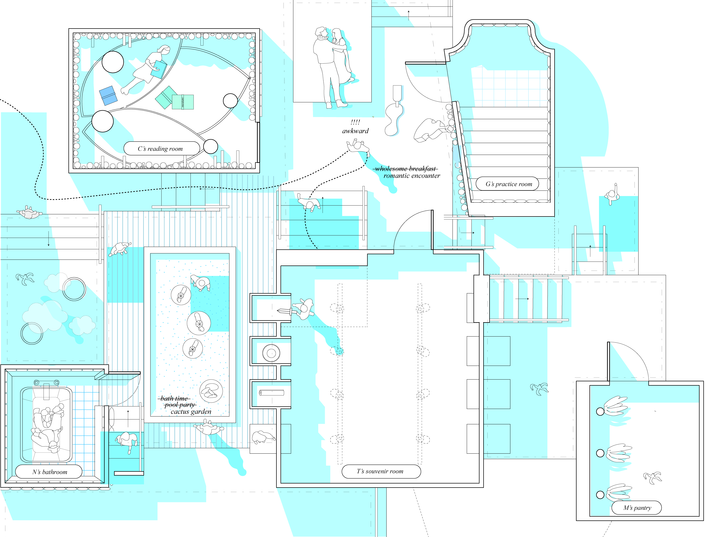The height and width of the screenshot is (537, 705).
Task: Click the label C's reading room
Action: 160,149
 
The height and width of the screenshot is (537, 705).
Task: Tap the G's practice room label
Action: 509,184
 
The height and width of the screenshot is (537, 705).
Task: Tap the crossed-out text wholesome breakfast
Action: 405,169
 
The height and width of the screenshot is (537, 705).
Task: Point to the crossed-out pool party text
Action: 180,405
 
